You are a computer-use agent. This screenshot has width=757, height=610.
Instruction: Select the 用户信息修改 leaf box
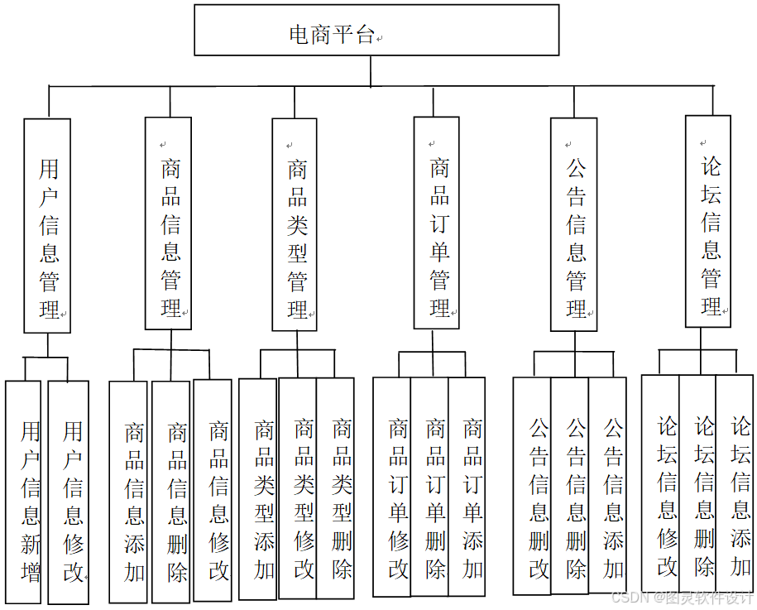pos(69,492)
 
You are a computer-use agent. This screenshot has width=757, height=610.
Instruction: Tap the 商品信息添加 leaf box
pos(128,492)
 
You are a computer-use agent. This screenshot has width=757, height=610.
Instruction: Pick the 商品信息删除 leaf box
pos(171,492)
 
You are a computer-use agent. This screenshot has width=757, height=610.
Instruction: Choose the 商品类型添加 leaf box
pos(259,489)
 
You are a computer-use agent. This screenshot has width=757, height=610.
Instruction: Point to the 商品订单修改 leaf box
pos(392,488)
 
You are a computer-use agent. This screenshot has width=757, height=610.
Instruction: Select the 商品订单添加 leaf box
pos(467,488)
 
